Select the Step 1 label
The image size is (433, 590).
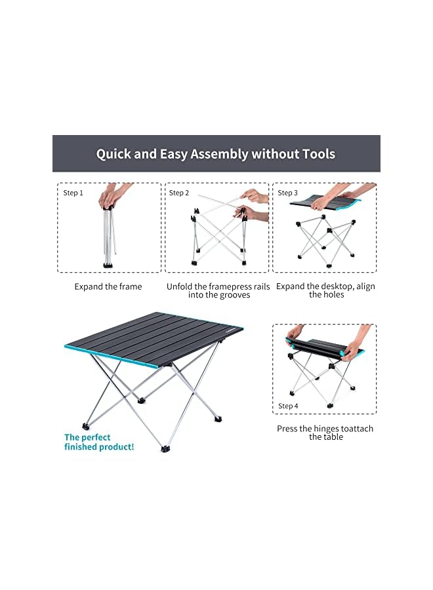(x=73, y=193)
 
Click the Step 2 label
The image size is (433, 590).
(x=179, y=193)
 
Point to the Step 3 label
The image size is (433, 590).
(x=287, y=193)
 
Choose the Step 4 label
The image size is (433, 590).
(x=287, y=406)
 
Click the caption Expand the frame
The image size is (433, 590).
(x=108, y=286)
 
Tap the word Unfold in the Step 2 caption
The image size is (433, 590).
(x=180, y=286)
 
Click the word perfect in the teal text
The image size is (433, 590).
(x=96, y=437)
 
